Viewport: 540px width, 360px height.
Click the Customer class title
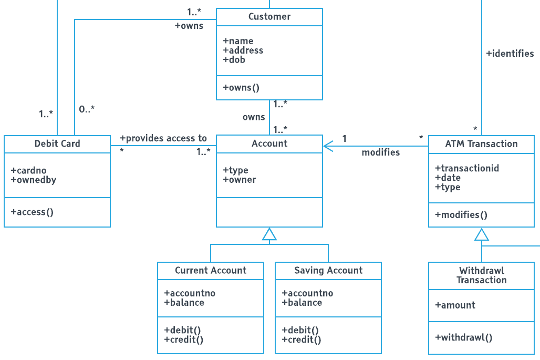click(x=269, y=17)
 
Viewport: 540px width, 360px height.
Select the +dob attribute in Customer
click(x=234, y=60)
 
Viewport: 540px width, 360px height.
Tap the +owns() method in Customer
click(x=241, y=88)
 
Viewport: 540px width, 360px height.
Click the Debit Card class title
click(x=57, y=144)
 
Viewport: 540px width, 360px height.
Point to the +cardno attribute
click(x=28, y=170)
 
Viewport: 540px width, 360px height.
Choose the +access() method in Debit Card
click(x=32, y=212)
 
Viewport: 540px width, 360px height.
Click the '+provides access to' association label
click(x=163, y=138)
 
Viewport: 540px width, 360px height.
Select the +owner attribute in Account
click(x=240, y=180)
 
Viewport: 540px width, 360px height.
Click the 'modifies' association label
click(x=380, y=152)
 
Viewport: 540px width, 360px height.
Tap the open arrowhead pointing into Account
click(x=328, y=146)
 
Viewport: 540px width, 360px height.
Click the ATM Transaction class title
click(x=481, y=144)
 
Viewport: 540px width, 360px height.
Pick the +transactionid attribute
click(x=467, y=168)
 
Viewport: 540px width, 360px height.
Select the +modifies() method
click(x=461, y=215)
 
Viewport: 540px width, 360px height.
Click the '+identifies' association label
click(x=510, y=54)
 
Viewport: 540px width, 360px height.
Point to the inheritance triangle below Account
click(x=269, y=234)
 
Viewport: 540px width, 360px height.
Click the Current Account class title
click(x=210, y=271)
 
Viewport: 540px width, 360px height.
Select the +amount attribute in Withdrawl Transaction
click(x=455, y=305)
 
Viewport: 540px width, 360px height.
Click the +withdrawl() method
click(x=463, y=337)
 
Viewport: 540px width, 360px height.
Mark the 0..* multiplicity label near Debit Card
click(x=87, y=109)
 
